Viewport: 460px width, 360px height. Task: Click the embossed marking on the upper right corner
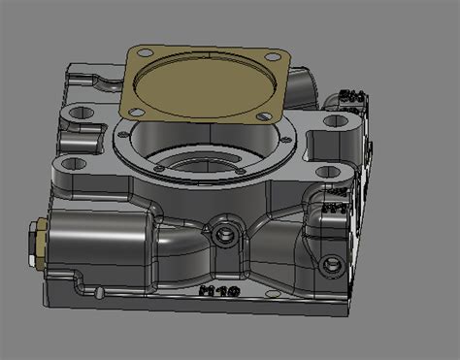click(x=351, y=97)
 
